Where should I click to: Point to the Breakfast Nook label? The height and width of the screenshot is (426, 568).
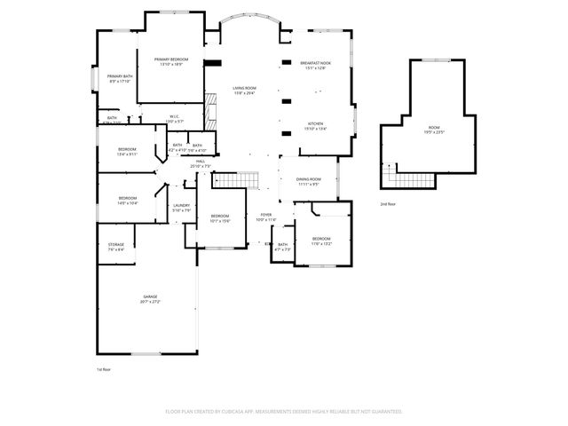click(x=316, y=64)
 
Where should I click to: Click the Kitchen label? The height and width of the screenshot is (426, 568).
click(x=316, y=125)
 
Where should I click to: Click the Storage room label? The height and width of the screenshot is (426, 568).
click(x=116, y=247)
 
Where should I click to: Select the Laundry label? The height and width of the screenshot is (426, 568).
click(x=181, y=208)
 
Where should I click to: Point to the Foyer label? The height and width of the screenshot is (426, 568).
click(x=266, y=217)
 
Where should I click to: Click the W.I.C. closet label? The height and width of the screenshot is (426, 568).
click(x=174, y=117)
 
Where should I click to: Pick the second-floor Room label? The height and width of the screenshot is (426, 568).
click(x=434, y=130)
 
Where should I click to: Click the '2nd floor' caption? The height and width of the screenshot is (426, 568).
click(x=388, y=204)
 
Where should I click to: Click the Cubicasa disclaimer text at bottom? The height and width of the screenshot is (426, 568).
click(x=284, y=411)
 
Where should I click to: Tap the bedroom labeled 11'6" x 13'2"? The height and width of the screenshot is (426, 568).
click(x=321, y=240)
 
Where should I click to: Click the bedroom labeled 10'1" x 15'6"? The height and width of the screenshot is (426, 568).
click(x=220, y=218)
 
